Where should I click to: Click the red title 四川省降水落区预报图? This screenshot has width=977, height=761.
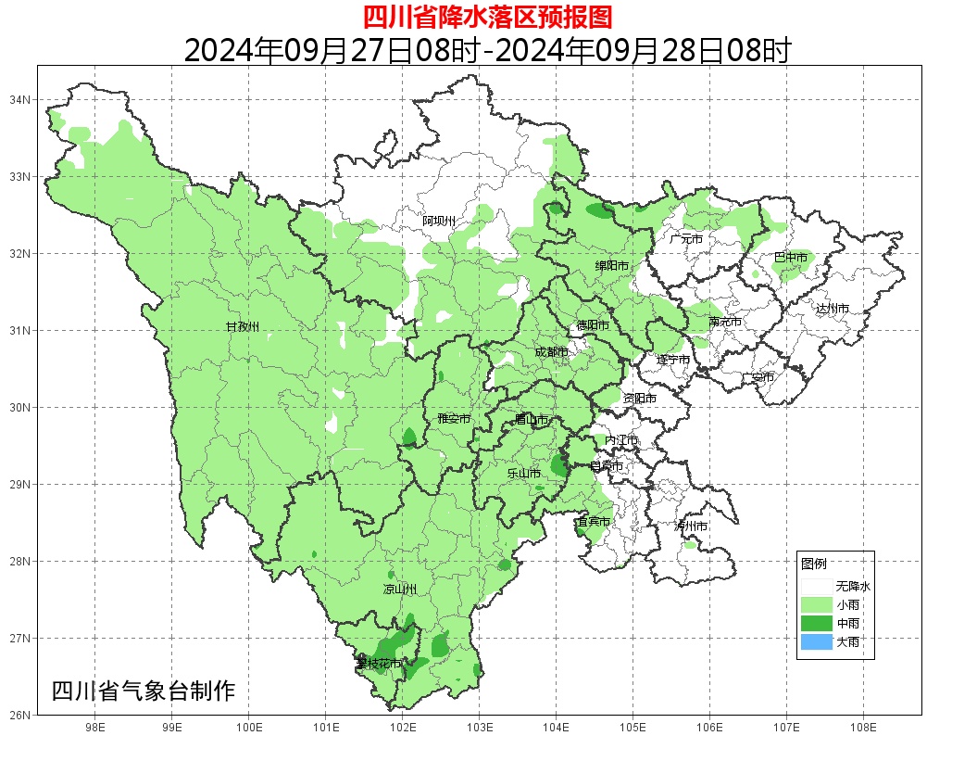coord(487,17)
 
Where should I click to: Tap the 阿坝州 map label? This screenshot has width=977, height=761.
coord(439,221)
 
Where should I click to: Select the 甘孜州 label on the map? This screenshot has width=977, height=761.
coord(243,326)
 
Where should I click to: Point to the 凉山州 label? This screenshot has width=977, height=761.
coord(400,590)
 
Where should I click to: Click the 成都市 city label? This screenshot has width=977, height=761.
coord(552,352)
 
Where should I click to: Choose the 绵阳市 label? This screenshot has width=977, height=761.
coord(612,266)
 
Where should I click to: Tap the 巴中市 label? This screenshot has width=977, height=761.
coord(790,258)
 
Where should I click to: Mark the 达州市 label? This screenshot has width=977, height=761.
coord(833,308)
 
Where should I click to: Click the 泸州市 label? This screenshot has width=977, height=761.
coord(691,526)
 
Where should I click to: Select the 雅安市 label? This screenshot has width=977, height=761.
coord(454,419)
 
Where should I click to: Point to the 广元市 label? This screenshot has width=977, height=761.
coord(686,239)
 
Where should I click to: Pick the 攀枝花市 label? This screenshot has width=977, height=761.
coord(380,664)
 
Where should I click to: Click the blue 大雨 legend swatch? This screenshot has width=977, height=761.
coord(816,642)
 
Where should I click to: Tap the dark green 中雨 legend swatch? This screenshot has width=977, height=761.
coord(816,624)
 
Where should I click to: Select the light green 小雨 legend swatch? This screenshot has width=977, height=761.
coord(816,604)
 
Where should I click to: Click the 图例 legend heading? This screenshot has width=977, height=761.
coord(813,564)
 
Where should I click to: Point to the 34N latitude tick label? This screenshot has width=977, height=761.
coord(20,99)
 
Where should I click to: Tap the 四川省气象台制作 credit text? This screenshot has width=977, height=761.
coord(144,691)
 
